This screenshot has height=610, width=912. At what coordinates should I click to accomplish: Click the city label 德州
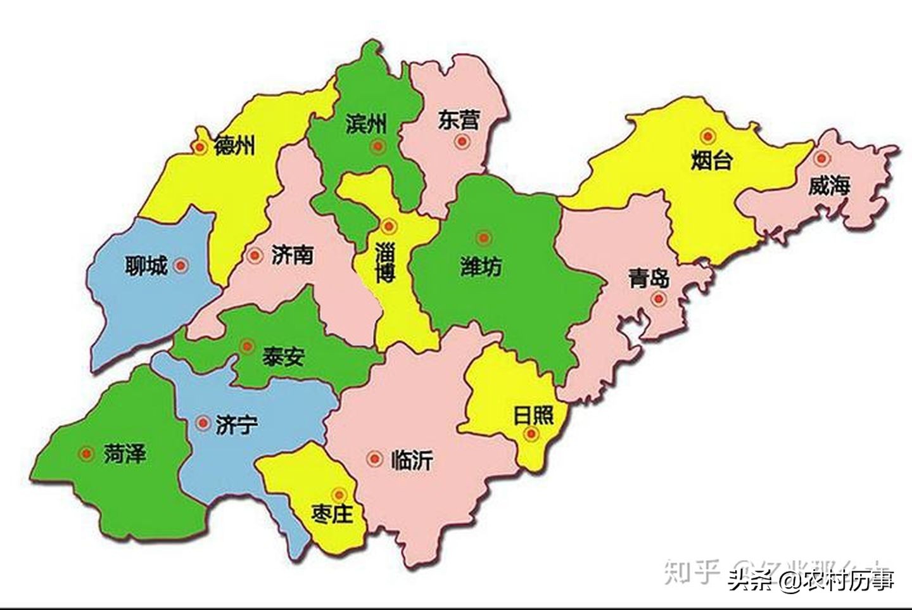point(235,146)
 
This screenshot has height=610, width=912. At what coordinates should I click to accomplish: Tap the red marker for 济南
point(255,256)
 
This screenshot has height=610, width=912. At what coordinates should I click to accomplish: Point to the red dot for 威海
point(821,158)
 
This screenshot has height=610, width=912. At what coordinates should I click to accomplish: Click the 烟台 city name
point(711,160)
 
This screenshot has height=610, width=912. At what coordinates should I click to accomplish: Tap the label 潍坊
point(481,267)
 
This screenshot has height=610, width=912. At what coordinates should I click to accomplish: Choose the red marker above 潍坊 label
point(484,238)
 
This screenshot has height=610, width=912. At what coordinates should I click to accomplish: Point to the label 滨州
point(366,123)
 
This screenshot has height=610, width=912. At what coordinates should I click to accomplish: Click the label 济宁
point(236,424)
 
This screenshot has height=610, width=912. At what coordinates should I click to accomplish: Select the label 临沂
point(412,459)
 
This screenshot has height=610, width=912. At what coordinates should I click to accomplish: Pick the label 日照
point(533,416)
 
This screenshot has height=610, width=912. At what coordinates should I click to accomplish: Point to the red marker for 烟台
point(707,136)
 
